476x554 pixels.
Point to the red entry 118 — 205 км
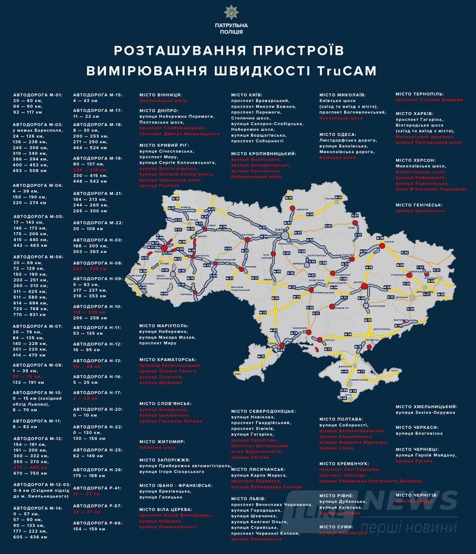pos(89,312)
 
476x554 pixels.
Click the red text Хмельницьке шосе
pos(158,101)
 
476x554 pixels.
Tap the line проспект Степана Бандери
pos(429,100)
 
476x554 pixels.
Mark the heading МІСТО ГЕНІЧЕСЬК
pos(419,205)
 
